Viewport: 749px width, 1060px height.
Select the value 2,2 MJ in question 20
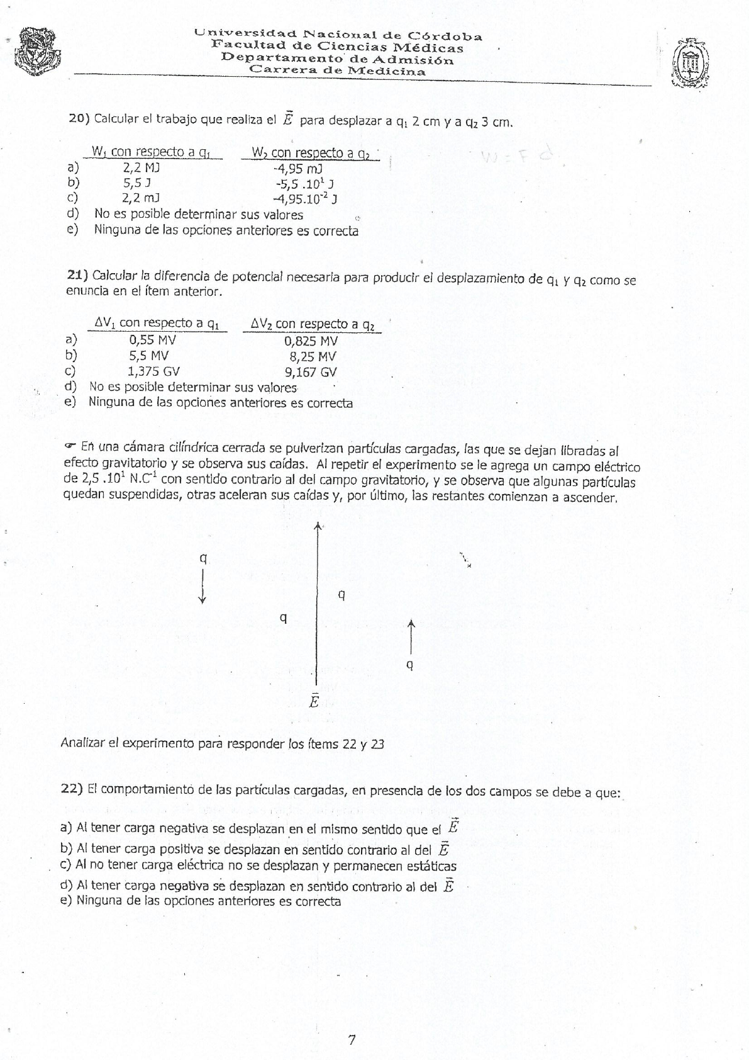coord(141,167)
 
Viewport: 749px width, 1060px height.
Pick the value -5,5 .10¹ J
coord(304,183)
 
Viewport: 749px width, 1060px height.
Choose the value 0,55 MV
coord(152,340)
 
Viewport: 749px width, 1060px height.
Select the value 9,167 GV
coord(311,371)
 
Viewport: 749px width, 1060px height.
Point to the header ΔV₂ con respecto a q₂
coord(313,324)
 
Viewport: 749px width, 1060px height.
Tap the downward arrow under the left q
coord(203,587)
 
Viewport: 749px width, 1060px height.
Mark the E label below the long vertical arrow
coord(314,701)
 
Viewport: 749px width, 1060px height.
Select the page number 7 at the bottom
coord(352,1039)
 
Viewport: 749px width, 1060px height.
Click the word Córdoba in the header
coord(445,36)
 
